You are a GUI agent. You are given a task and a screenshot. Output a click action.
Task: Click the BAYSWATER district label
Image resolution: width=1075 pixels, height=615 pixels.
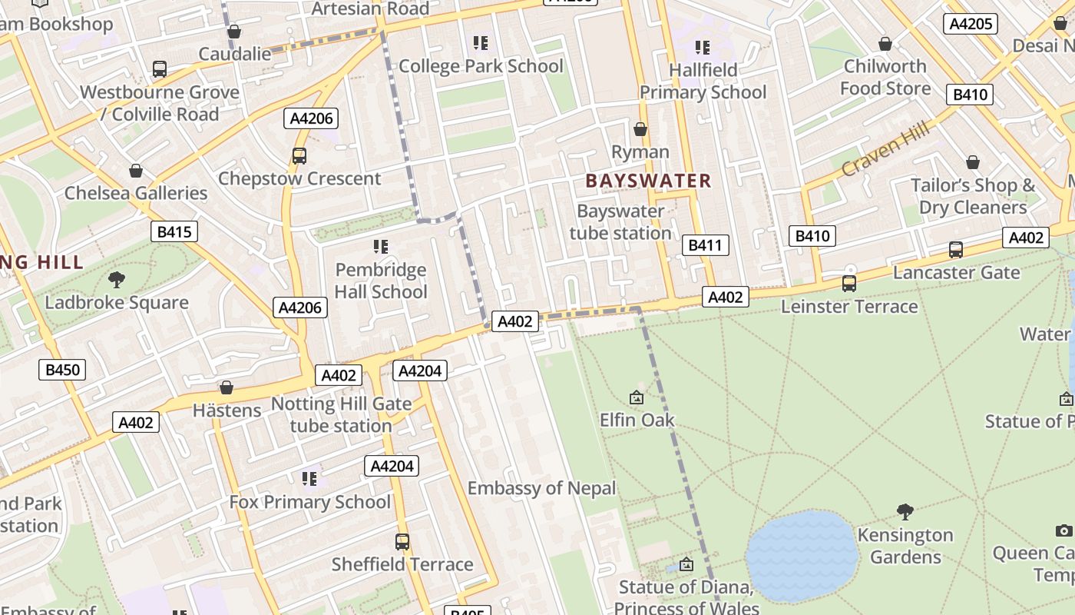pos(649,181)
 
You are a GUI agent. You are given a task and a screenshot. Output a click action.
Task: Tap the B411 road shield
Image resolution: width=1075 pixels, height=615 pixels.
pos(705,245)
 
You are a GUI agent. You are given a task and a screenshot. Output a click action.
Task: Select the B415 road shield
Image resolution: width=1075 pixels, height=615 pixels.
pos(174,231)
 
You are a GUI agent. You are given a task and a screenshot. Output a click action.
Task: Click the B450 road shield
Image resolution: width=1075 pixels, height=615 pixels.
pos(62,370)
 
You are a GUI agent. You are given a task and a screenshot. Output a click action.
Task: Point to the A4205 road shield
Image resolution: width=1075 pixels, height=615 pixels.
pos(971,24)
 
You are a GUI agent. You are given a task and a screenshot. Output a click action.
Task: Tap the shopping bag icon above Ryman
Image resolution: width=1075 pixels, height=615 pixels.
pos(640,129)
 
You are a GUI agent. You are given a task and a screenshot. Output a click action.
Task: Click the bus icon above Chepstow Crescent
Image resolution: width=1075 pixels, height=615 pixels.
pos(299,156)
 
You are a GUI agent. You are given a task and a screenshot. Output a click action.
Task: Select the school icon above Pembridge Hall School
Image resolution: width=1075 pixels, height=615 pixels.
pos(380,247)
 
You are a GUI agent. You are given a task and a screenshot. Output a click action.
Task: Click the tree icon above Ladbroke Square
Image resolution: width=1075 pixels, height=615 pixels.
pos(116,279)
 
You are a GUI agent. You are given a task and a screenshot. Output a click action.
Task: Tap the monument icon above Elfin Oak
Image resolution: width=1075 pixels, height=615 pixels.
pos(636,397)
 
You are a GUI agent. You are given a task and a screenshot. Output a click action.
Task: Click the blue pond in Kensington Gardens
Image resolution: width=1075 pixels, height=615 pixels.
pos(801,555)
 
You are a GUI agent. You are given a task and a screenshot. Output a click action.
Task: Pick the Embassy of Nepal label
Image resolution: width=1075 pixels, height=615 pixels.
pos(541,488)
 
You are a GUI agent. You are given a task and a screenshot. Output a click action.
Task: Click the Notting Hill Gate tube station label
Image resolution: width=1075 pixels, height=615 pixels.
pos(341,414)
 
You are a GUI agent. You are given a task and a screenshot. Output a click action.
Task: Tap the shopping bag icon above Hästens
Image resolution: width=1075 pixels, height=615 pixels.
pos(227,387)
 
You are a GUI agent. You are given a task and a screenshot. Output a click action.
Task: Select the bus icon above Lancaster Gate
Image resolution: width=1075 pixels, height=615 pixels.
pos(955,250)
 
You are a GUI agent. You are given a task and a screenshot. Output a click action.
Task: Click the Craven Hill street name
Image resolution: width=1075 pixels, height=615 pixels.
pos(885,148)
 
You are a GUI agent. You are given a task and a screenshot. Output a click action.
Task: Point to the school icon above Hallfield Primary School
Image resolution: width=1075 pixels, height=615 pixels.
pos(702,48)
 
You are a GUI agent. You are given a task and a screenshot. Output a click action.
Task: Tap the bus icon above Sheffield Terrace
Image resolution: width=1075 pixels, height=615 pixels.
pos(402,541)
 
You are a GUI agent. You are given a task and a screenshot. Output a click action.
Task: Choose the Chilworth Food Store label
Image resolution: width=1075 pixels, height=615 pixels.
pos(885,77)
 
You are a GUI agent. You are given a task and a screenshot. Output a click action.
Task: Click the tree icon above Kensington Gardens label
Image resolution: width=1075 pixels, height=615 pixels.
pos(905,511)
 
